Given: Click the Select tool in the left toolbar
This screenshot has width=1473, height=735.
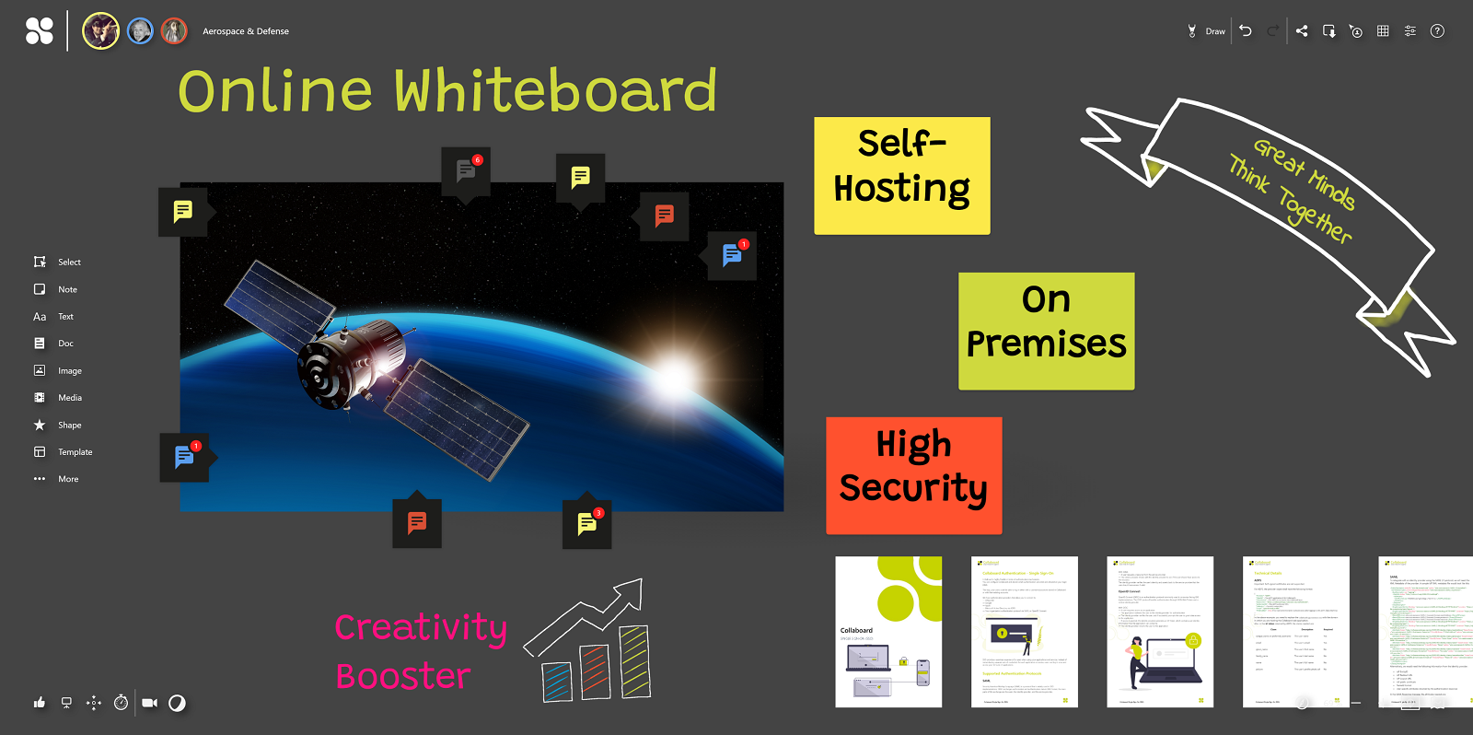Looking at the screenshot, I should click(x=57, y=262).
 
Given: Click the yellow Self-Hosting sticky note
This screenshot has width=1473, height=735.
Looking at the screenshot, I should click(x=901, y=175).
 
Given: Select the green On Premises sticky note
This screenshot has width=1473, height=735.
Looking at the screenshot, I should click(x=1046, y=331).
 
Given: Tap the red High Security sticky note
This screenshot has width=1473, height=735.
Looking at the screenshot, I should click(x=913, y=475).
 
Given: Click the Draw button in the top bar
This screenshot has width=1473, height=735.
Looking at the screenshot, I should click(x=1207, y=31).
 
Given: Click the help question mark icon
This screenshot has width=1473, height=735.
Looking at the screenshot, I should click(x=1437, y=31).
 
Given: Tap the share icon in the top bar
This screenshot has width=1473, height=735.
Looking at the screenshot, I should click(x=1302, y=31).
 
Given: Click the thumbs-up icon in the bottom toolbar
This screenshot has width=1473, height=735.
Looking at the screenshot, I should click(x=40, y=703).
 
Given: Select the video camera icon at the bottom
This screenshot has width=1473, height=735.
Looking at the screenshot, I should click(x=149, y=703).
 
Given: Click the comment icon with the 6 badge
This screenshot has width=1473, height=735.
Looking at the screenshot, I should click(x=466, y=171).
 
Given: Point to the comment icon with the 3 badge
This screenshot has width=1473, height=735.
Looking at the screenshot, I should click(x=587, y=524).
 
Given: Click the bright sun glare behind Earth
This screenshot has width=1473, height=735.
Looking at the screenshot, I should click(x=675, y=377).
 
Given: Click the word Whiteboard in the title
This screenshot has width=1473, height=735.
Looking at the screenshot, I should click(x=555, y=91).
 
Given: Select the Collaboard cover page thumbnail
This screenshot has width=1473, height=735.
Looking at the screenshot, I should click(x=888, y=632).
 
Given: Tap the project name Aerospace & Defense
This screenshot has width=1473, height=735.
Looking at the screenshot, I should click(x=246, y=31).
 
